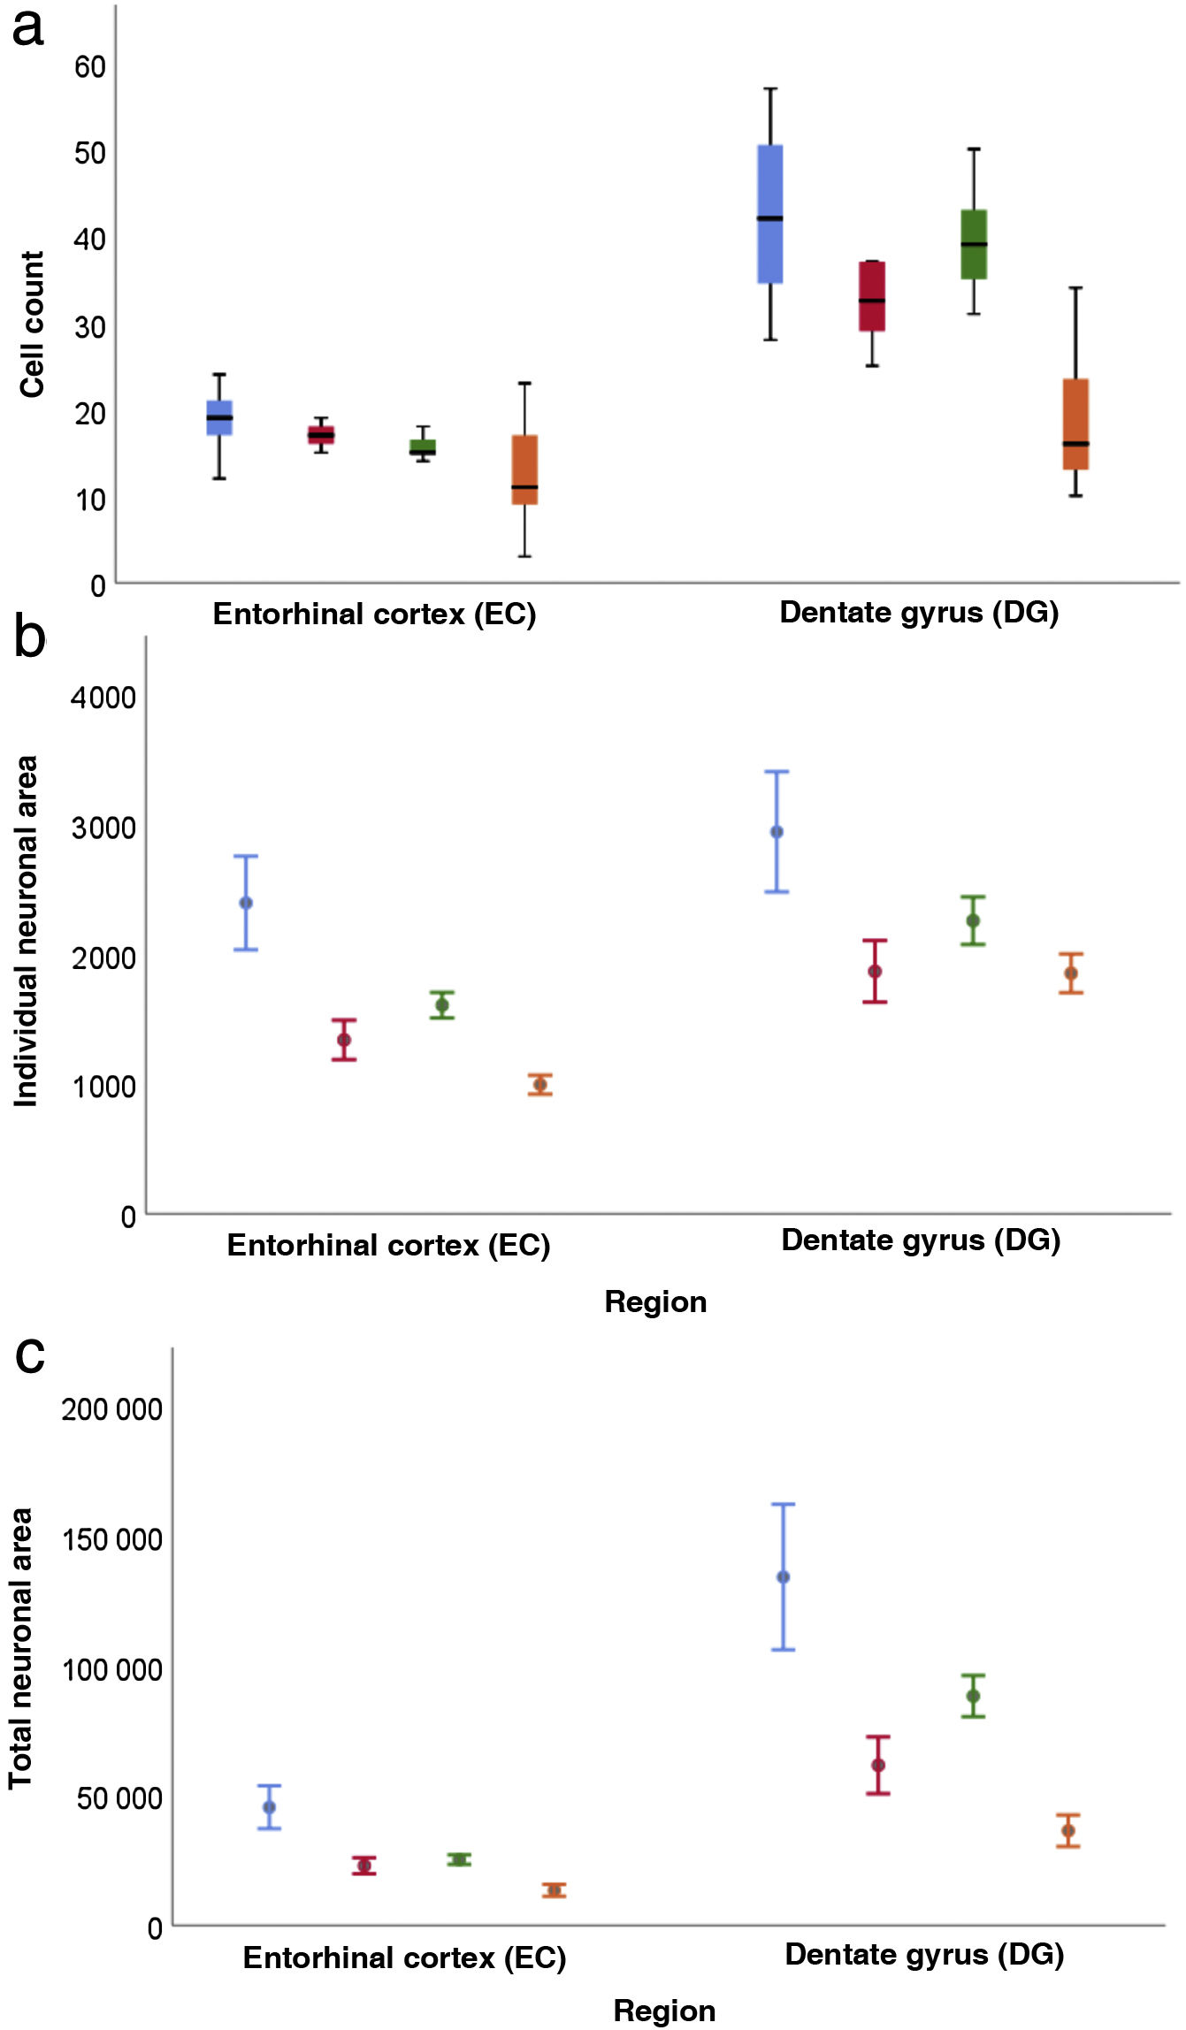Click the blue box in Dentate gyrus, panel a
point(770,213)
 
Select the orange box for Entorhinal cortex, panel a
point(524,469)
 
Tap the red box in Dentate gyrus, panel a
point(872,295)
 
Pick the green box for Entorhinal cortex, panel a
point(423,447)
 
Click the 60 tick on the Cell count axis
point(90,67)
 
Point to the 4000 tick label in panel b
point(103,698)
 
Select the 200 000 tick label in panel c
point(111,1408)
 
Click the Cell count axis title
point(33,324)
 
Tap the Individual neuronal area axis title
point(27,930)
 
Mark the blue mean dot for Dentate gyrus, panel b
point(777,832)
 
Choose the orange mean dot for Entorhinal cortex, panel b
point(540,1085)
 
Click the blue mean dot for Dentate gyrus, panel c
point(783,1577)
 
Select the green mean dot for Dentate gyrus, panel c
point(973,1697)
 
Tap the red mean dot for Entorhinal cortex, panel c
point(363,1866)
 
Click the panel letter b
point(29,638)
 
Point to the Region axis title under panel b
point(655,1301)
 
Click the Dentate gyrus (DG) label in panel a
point(919,612)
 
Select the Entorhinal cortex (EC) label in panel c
point(404,1957)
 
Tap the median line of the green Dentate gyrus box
point(974,244)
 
